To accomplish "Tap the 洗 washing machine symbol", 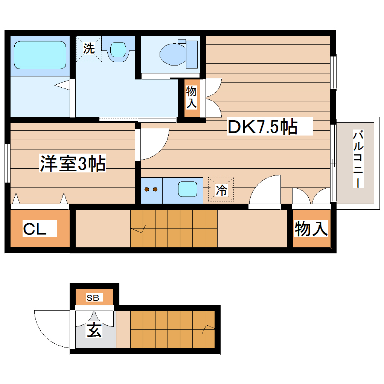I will (89, 49).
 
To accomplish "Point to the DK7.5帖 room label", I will (262, 127).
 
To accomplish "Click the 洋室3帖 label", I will (73, 164).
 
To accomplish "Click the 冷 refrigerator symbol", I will (221, 190).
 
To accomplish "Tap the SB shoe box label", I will (93, 298).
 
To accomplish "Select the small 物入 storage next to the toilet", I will (191, 97).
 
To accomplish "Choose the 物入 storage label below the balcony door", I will (311, 229).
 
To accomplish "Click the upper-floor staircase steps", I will (174, 228).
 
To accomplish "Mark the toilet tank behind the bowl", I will (192, 54).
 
